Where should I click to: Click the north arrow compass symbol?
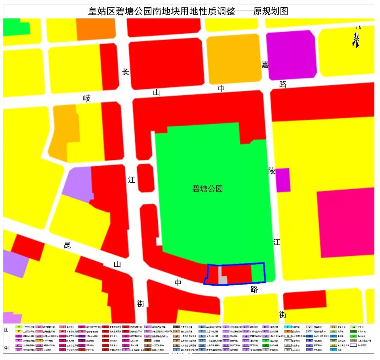[356, 38]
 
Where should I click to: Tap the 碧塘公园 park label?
[208, 189]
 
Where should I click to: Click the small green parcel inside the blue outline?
[258, 273]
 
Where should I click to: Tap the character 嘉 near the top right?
[265, 65]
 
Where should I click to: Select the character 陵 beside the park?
[272, 171]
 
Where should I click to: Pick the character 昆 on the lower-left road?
[67, 245]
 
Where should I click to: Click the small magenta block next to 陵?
[283, 180]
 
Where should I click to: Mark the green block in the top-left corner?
[15, 27]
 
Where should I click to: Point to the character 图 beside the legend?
[6, 330]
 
